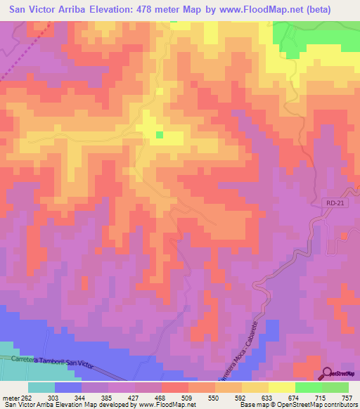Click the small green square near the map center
(160, 135)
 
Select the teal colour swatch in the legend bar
(41, 387)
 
